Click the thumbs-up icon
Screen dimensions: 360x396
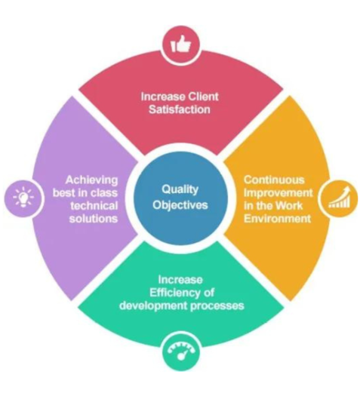click(x=180, y=45)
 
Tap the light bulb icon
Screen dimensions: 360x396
click(x=23, y=197)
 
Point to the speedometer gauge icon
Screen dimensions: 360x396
click(x=181, y=351)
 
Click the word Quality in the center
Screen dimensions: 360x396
click(x=180, y=189)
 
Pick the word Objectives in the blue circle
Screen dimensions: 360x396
click(x=180, y=205)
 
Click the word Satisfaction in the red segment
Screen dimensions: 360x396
click(x=180, y=109)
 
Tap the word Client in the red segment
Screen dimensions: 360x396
click(x=203, y=97)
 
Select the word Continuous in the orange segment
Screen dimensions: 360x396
click(x=274, y=180)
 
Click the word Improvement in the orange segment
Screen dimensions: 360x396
click(x=278, y=193)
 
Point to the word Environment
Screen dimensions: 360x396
click(x=277, y=219)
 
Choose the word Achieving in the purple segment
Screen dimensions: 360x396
click(x=92, y=180)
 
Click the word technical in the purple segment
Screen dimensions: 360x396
click(x=94, y=206)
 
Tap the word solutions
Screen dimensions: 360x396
click(x=94, y=219)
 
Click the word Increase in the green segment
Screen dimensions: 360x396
click(x=180, y=280)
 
